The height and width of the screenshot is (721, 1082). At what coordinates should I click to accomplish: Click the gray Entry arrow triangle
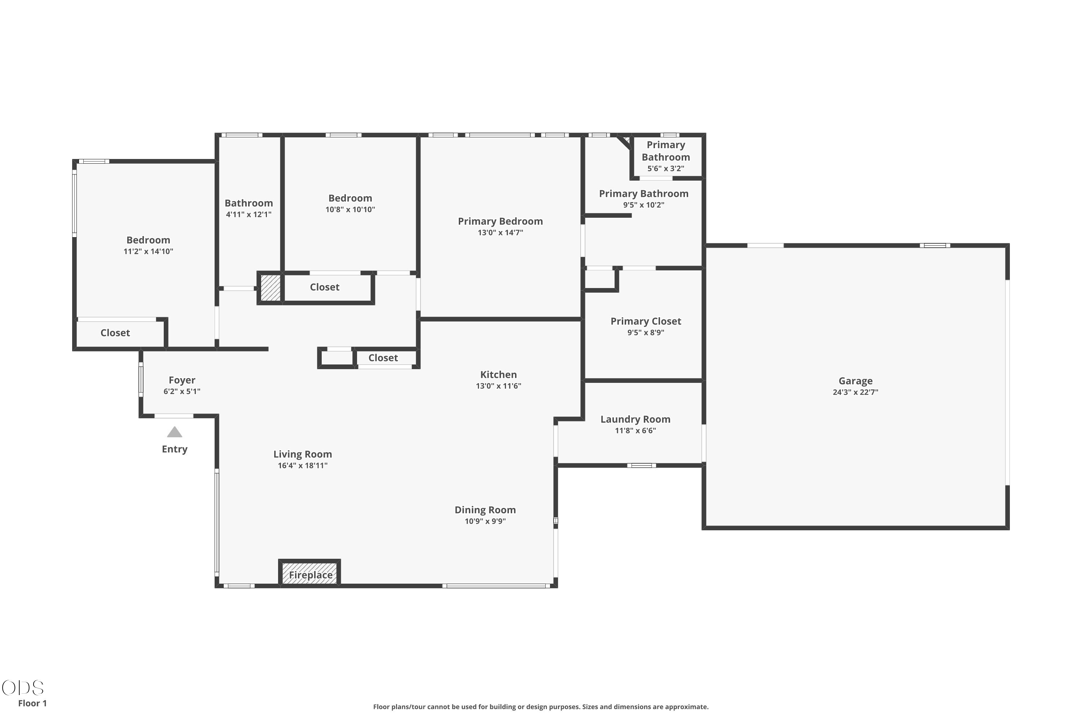pos(174,432)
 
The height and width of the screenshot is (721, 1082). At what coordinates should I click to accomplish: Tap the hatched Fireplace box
pos(309,573)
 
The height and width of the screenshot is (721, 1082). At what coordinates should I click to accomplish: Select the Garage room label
pos(855,381)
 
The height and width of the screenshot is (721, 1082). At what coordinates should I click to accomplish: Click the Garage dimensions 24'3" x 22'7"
pos(855,392)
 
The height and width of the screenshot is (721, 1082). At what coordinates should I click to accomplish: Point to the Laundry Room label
pos(635,419)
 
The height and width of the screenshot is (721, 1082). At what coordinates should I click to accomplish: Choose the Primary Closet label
pos(646,322)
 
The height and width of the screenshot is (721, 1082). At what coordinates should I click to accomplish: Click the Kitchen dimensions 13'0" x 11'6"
pos(498,386)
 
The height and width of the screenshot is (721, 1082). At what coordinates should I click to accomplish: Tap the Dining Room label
pos(485,510)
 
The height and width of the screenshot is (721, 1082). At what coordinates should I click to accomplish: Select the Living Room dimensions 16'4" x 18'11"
pos(302,465)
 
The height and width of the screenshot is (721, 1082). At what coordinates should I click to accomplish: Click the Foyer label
pos(182,380)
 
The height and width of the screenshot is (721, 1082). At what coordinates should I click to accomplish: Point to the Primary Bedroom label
pos(500,221)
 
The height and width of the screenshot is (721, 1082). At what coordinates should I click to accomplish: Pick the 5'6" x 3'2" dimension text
pos(666,168)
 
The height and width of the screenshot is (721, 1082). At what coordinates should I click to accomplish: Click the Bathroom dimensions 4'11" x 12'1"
pos(248,214)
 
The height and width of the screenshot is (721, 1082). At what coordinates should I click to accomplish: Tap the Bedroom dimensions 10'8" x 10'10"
pos(350,209)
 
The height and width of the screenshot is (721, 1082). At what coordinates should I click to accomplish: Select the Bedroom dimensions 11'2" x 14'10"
pos(148,251)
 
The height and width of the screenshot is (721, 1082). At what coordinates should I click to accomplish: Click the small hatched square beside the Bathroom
pos(270,288)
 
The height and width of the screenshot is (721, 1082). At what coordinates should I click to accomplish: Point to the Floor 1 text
pos(32,703)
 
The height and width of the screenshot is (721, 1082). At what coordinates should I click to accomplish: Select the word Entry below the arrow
pos(174,449)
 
